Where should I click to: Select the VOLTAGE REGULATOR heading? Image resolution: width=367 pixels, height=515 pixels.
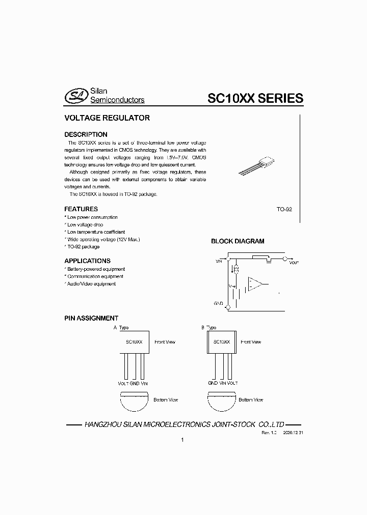107,118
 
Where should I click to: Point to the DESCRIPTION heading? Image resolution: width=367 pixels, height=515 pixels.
86,134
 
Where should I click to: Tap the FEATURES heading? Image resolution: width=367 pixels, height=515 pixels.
81,209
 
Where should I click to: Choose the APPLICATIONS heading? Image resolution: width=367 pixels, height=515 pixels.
87,261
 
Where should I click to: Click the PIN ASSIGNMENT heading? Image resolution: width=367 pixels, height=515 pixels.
91,318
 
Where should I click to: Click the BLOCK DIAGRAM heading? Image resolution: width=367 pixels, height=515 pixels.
238,242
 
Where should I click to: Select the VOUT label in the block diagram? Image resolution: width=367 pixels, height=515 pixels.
294,263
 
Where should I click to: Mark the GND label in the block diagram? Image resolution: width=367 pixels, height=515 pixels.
218,304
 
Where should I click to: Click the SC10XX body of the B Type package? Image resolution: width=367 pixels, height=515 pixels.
221,342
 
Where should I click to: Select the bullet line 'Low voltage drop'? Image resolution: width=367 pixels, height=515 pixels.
85,224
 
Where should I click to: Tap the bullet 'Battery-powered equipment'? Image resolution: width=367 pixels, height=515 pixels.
96,269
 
